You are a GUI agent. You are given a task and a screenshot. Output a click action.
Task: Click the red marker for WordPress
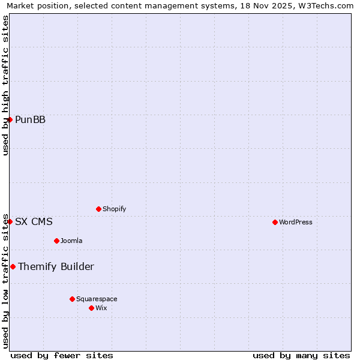275,222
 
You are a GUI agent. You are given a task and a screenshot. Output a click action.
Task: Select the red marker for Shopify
98,209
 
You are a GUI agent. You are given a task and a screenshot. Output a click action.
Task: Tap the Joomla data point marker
56,241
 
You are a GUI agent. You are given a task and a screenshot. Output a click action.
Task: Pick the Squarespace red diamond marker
72,299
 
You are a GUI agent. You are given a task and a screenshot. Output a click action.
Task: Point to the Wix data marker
91,308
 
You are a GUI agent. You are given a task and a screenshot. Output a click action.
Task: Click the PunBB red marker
10,119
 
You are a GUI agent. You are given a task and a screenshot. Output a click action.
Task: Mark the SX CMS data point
10,221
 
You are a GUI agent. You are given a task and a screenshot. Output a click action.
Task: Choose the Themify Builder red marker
13,266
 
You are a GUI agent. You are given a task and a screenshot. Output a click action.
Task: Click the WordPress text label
296,222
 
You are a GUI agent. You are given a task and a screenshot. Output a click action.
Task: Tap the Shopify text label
114,209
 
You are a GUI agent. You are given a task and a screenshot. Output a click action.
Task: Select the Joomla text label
71,241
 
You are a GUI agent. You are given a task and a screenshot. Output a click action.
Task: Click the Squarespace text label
97,299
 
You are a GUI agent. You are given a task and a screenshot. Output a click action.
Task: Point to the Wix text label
101,308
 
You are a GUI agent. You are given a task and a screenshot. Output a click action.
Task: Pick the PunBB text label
30,119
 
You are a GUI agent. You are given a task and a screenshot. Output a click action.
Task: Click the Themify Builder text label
56,266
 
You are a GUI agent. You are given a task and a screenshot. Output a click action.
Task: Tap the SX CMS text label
34,221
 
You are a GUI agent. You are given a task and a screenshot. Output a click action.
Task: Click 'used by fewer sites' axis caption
62,355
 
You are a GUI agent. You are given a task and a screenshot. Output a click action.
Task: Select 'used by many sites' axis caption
301,355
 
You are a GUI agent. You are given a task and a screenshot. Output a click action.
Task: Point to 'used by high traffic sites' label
5,85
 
